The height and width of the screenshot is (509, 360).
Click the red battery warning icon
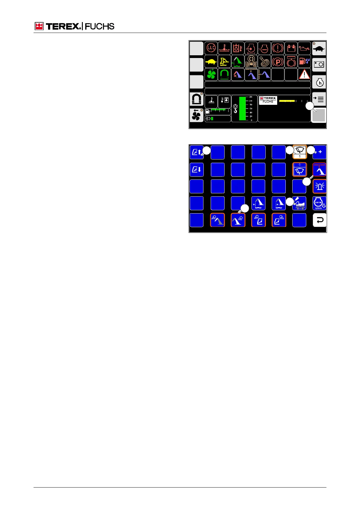(291, 48)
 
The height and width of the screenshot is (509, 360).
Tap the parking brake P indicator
(278, 62)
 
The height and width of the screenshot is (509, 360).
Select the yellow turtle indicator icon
(211, 62)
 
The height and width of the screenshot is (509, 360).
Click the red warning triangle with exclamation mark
(304, 75)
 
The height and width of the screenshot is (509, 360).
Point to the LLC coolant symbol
(211, 48)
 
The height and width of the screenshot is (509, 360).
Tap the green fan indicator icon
(211, 75)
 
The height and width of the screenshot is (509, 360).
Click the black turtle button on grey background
(319, 49)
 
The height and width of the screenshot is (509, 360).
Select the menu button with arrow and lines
(319, 99)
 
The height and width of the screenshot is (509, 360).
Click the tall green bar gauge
(243, 109)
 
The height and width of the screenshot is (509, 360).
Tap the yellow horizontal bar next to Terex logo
(287, 101)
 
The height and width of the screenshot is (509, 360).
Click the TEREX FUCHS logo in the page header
(74, 27)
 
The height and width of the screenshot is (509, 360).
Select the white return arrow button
(319, 220)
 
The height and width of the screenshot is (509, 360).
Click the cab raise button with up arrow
(196, 152)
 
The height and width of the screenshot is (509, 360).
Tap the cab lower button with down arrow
(196, 169)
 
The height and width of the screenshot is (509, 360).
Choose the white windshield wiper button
(300, 152)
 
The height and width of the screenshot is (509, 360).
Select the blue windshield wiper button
(300, 169)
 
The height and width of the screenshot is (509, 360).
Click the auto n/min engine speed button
(319, 203)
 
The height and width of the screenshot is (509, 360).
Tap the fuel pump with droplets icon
(304, 62)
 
